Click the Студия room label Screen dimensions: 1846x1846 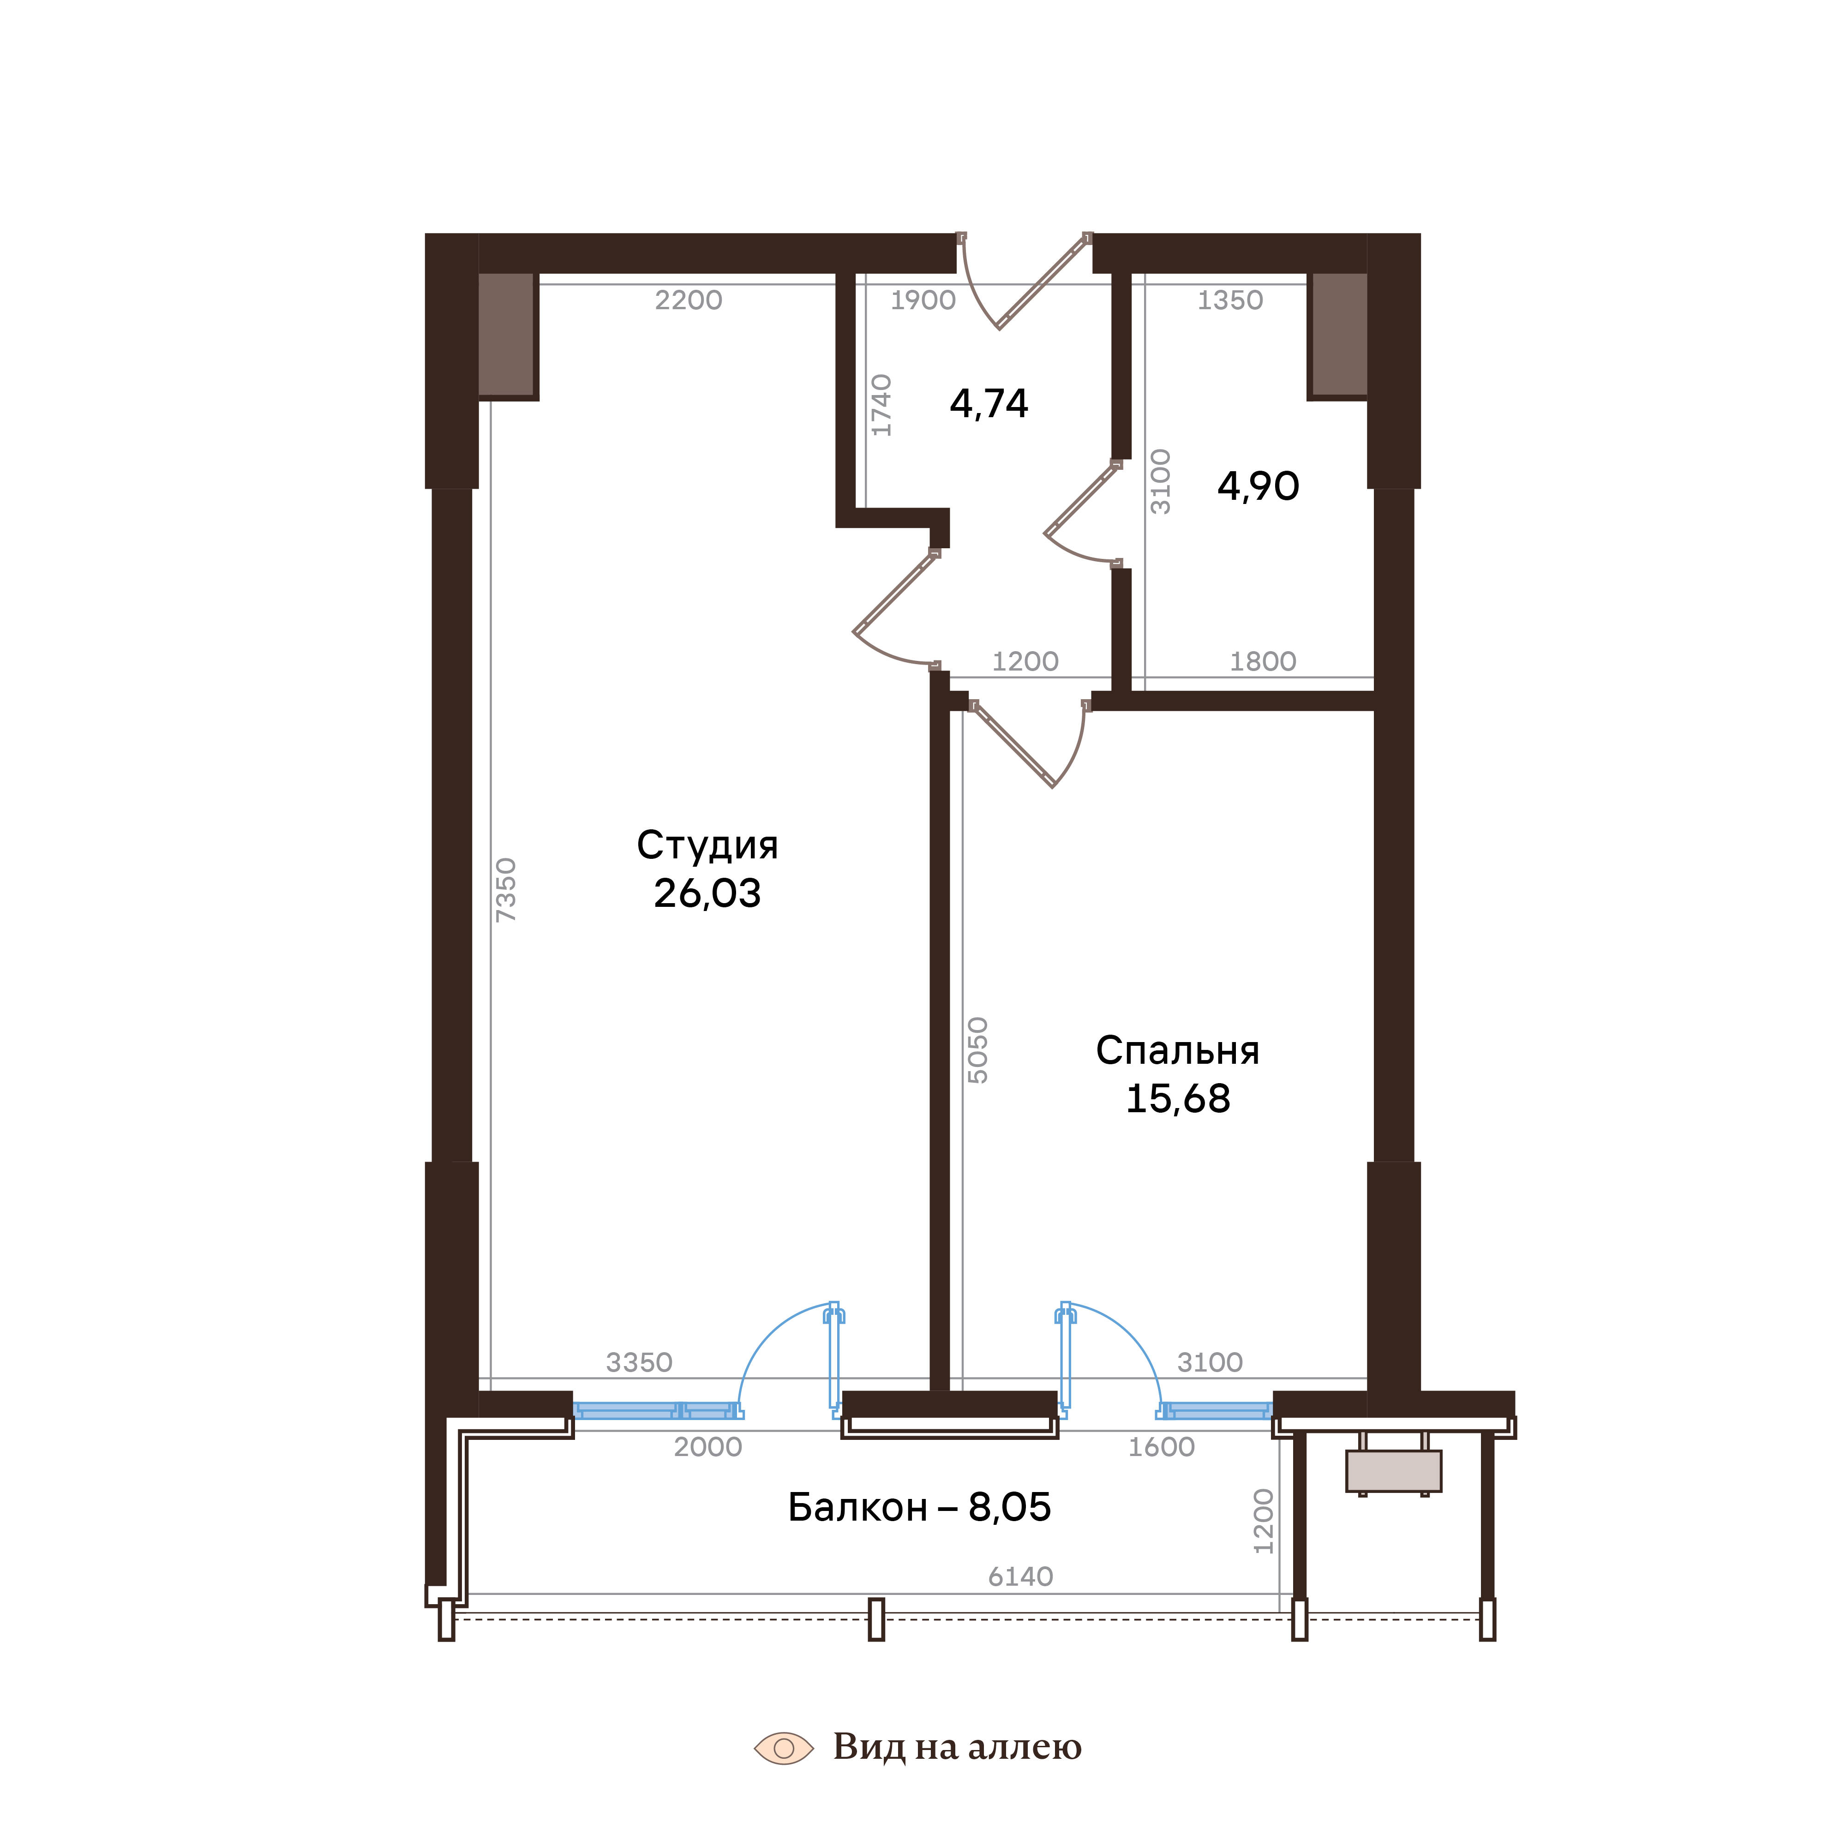tap(707, 845)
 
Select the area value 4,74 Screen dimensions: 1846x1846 tap(989, 404)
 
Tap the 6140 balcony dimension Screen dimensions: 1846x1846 tap(1020, 1576)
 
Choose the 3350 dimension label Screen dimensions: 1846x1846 tap(639, 1362)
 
